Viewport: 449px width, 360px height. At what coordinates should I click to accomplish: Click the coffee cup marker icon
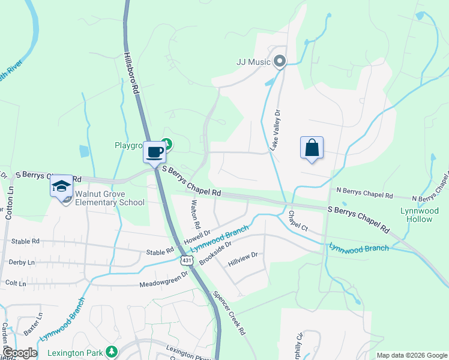point(154,151)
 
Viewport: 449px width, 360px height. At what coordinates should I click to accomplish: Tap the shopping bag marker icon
point(312,148)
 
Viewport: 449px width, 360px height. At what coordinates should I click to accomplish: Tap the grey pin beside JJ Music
point(279,61)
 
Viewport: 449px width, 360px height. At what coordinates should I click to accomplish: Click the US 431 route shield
point(186,260)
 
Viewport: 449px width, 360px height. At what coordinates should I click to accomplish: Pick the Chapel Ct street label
point(297,221)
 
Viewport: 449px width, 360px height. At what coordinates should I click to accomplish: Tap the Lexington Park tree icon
point(110,350)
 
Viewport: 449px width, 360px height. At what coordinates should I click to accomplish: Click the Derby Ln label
point(22,262)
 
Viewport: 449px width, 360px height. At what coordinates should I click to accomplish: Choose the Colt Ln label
point(16,283)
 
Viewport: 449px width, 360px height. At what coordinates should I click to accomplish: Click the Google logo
point(20,353)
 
